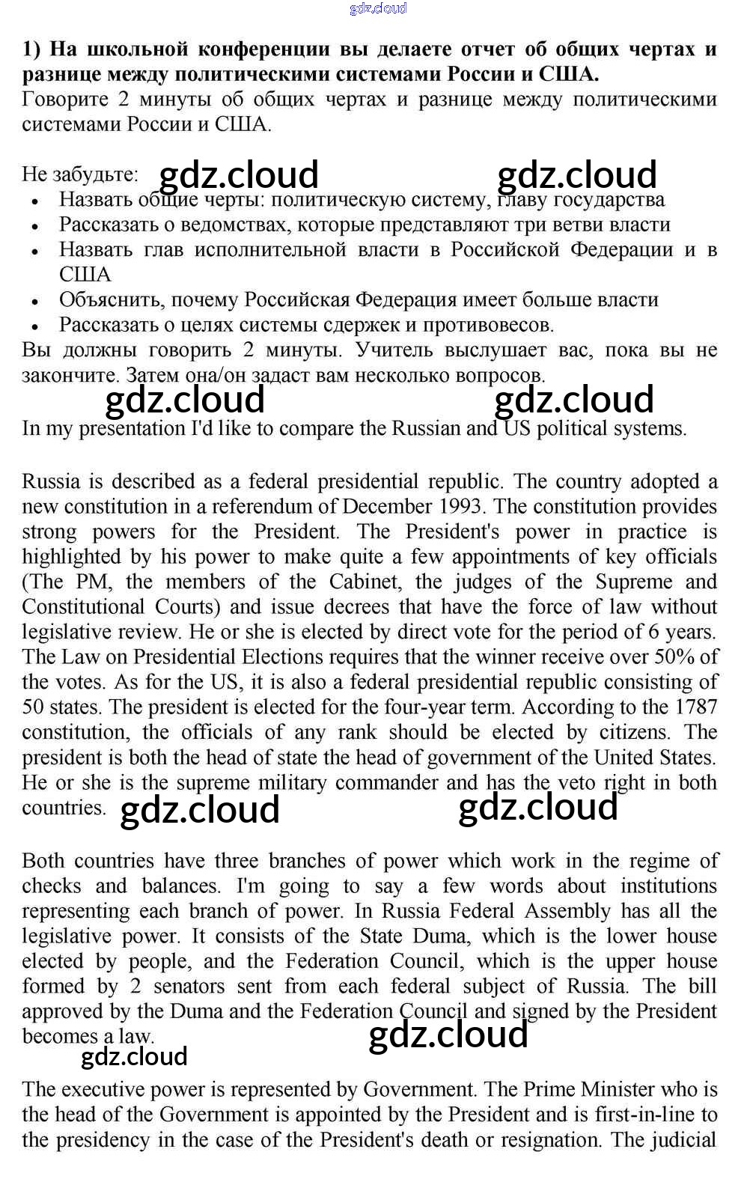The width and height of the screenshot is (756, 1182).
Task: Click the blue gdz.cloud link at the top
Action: [x=378, y=8]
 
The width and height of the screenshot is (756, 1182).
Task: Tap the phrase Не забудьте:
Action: [x=80, y=174]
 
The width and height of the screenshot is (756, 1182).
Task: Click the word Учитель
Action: [x=394, y=350]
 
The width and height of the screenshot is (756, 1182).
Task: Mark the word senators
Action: [x=189, y=987]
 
